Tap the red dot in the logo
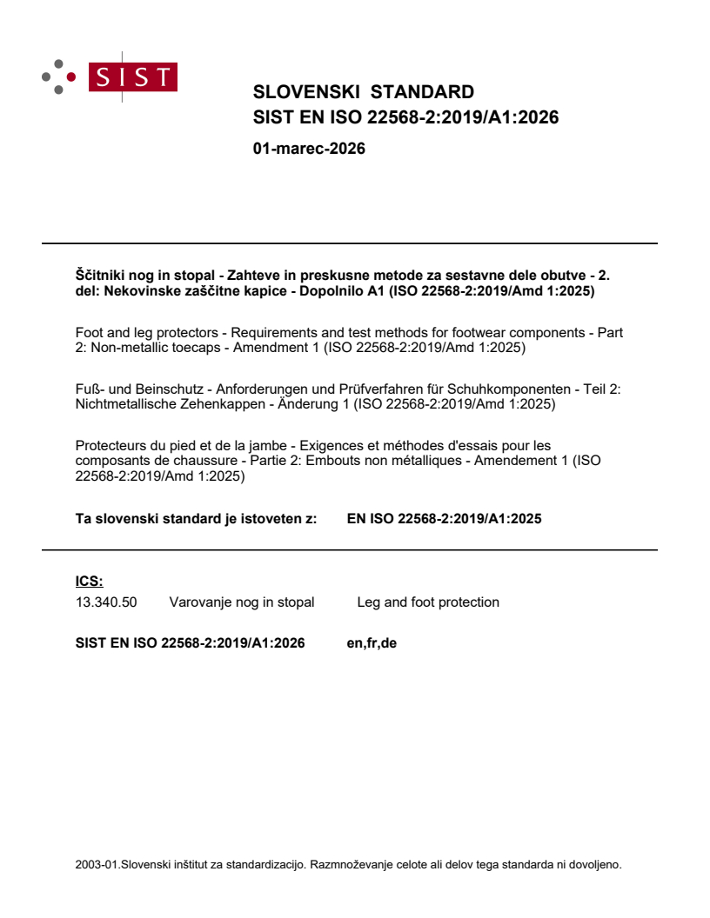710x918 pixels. (x=71, y=76)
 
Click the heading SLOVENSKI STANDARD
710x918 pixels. (x=363, y=92)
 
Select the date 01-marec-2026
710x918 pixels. (x=309, y=149)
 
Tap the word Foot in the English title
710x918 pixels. (x=90, y=333)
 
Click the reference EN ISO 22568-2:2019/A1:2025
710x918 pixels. (x=444, y=519)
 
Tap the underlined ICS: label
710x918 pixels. (x=89, y=582)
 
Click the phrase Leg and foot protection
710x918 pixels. (x=428, y=602)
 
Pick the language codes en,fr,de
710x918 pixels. (x=372, y=644)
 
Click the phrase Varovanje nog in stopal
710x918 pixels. (x=242, y=602)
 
